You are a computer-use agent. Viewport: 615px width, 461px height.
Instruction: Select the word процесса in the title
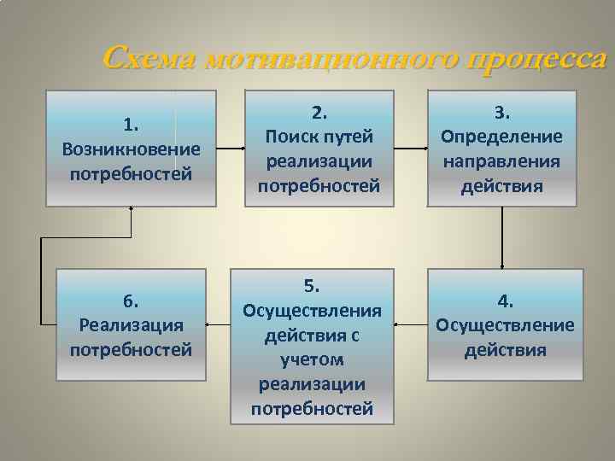tap(538, 59)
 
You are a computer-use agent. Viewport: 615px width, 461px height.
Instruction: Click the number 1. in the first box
tap(131, 125)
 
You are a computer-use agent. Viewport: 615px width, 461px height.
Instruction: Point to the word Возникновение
tap(131, 149)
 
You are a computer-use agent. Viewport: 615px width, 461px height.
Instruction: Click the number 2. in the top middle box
tap(319, 112)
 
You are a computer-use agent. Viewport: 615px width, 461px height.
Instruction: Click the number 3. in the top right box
tap(502, 112)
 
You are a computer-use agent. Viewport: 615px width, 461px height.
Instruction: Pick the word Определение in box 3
tap(501, 137)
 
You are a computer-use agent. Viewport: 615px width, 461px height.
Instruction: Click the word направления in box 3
tap(501, 161)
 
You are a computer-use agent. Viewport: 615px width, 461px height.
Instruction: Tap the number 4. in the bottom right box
tap(506, 301)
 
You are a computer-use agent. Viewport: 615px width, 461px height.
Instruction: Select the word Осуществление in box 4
tap(506, 325)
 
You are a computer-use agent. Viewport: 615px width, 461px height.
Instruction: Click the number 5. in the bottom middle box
tap(312, 284)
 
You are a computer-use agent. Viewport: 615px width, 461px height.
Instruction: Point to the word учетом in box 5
tap(313, 359)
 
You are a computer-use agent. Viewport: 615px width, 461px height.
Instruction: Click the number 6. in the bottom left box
tap(131, 301)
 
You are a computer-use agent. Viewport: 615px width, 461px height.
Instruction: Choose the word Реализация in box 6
tap(131, 325)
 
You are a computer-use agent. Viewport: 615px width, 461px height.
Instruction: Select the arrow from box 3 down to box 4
tap(502, 237)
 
